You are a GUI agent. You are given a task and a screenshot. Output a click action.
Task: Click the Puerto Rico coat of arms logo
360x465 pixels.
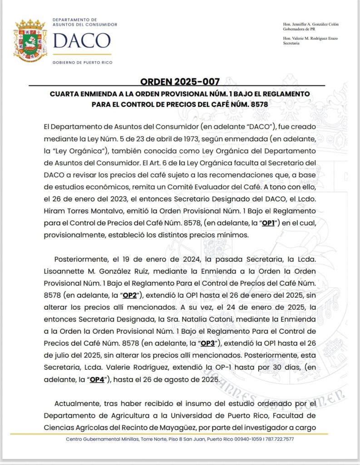[x=31, y=41]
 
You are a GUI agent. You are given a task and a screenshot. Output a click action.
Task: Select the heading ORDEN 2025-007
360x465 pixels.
[x=180, y=82]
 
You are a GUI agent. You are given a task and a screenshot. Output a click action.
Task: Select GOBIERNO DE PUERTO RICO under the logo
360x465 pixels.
[x=83, y=62]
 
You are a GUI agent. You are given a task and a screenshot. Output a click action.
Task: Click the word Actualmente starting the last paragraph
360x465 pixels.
[x=77, y=403]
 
